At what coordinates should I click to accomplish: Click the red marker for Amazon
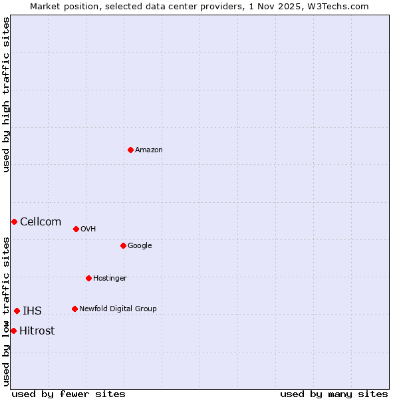(x=130, y=150)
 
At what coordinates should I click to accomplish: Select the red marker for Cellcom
(x=14, y=221)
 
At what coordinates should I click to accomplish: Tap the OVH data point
(x=76, y=229)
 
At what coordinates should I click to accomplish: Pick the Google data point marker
(x=123, y=245)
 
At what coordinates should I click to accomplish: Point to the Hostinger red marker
(x=88, y=278)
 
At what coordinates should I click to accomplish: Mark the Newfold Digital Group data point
(x=74, y=309)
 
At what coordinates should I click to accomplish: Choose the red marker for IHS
(x=17, y=311)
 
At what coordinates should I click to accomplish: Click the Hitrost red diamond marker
(x=13, y=331)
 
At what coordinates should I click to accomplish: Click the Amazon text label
(x=149, y=150)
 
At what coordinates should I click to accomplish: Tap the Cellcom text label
(x=41, y=222)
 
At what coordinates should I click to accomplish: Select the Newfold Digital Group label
(x=118, y=309)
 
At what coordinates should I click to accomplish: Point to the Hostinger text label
(x=110, y=278)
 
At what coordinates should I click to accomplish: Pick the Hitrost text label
(x=37, y=331)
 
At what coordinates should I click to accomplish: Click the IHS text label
(x=32, y=311)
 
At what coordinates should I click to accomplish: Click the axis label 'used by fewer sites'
(x=68, y=394)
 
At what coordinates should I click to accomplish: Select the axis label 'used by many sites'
(x=334, y=394)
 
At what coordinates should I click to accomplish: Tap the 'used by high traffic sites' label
(x=7, y=94)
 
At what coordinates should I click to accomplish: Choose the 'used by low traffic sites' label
(x=7, y=311)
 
